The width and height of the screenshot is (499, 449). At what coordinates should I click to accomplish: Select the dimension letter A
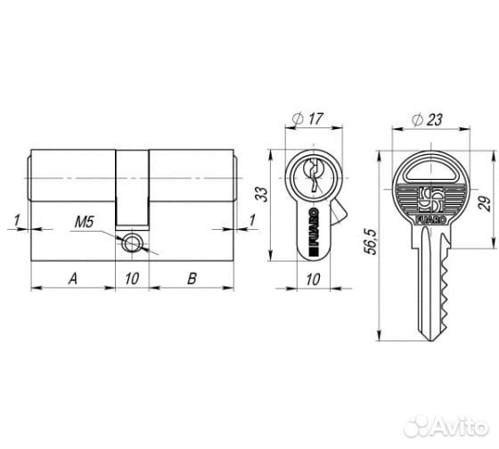[72, 278]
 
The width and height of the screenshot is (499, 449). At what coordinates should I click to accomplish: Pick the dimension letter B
[192, 278]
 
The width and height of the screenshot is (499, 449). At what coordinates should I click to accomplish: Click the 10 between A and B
[132, 278]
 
